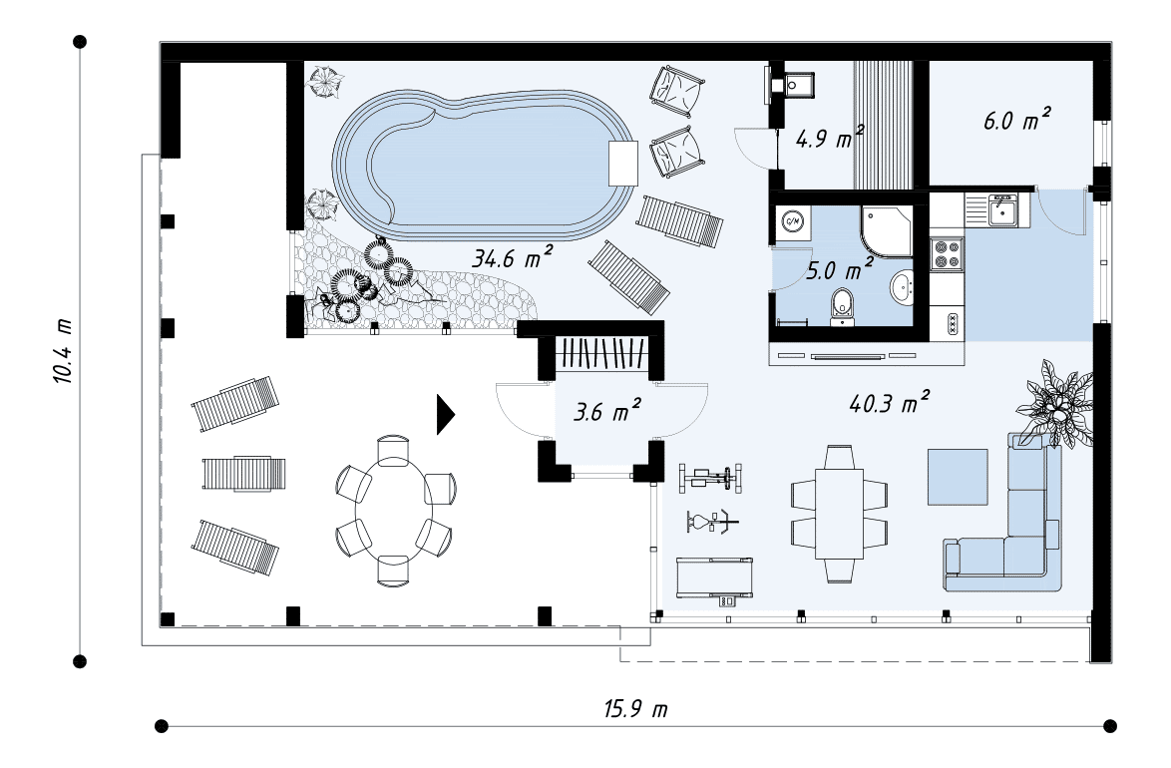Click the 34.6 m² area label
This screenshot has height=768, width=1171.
513,257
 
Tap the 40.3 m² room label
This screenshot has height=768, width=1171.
890,402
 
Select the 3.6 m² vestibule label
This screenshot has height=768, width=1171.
607,410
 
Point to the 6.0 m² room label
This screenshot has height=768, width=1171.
1017,119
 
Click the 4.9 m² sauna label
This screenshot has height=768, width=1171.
830,137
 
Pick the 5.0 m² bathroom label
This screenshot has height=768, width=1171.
840,269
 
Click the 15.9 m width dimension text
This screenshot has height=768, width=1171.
635,708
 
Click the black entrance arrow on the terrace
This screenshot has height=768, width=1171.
445,415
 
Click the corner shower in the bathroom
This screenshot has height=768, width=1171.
887,230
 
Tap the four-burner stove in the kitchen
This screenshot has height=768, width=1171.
947,253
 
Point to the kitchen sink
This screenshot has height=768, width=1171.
1000,209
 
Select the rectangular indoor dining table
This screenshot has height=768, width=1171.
839,514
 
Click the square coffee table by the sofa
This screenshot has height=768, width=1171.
958,477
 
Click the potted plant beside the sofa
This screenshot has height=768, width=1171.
1055,403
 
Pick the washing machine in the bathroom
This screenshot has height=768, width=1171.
792,222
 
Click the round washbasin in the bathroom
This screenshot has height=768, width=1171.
902,287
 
